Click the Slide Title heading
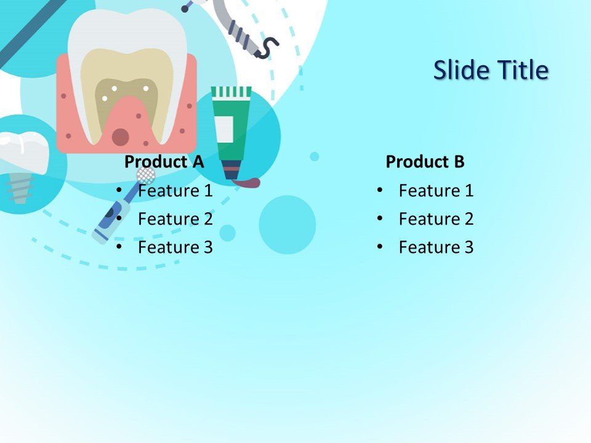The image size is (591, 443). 490,70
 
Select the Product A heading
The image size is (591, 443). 164,162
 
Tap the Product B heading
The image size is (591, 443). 425,162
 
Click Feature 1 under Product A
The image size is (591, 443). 175,191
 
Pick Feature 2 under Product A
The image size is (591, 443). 175,219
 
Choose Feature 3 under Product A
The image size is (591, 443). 175,247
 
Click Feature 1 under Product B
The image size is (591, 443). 436,191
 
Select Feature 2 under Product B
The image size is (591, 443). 436,219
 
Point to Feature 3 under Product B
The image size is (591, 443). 436,247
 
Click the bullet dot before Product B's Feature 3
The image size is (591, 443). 380,247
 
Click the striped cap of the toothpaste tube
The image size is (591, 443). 231,92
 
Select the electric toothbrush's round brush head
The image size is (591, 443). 145,175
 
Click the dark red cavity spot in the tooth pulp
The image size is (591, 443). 121,137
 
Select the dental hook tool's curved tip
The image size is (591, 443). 265,49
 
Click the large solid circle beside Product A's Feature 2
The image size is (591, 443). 287,225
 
